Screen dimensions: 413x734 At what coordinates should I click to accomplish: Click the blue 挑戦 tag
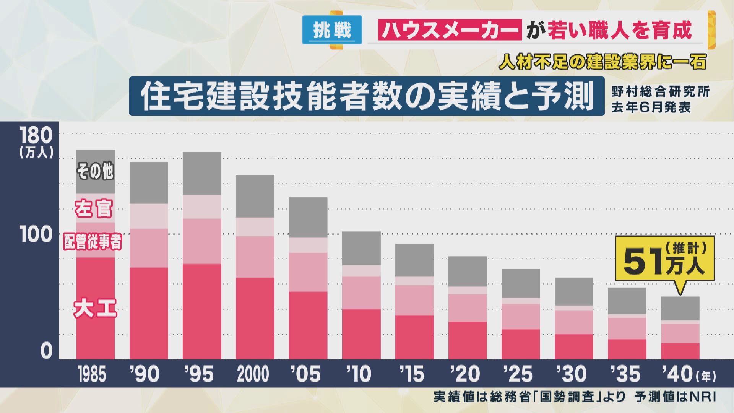pyautogui.click(x=332, y=29)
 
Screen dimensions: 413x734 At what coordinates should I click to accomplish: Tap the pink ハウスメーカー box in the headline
pyautogui.click(x=450, y=30)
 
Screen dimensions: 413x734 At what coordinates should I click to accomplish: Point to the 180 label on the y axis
pyautogui.click(x=36, y=136)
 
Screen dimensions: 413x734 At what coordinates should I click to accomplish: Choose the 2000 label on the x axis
pyautogui.click(x=253, y=374)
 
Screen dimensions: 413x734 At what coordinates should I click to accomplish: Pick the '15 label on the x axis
pyautogui.click(x=413, y=374)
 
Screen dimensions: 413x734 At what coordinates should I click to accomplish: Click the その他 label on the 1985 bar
pyautogui.click(x=95, y=171)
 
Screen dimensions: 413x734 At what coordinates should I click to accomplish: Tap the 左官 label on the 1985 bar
pyautogui.click(x=94, y=209)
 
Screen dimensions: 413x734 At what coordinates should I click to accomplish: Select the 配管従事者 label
pyautogui.click(x=93, y=242)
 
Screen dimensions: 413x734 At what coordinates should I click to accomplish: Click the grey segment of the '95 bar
pyautogui.click(x=202, y=173)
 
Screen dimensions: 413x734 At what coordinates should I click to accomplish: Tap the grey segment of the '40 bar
pyautogui.click(x=680, y=308)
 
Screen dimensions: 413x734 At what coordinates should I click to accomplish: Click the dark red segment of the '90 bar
pyautogui.click(x=149, y=313)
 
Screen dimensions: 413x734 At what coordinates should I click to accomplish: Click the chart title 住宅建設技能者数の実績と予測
pyautogui.click(x=367, y=96)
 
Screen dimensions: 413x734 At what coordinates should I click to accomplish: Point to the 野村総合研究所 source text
pyautogui.click(x=660, y=92)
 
